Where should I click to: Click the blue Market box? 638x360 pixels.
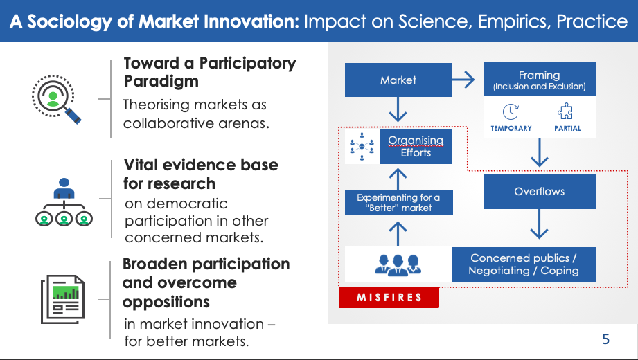398,80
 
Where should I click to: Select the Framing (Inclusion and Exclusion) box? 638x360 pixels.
539,80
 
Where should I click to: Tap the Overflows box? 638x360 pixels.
540,191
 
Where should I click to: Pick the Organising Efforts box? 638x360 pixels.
416,147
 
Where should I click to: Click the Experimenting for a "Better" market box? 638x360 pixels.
398,202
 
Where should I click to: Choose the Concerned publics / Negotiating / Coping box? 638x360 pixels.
524,264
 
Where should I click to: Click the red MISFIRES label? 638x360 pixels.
389,298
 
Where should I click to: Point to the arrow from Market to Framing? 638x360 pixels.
463,80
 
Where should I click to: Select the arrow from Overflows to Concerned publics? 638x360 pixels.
539,224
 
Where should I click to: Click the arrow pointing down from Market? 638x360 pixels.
398,109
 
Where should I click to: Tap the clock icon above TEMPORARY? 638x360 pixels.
511,112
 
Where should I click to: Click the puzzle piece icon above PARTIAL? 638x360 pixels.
565,111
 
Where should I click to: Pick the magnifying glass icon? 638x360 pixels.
55,98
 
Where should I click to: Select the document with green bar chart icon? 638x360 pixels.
62,299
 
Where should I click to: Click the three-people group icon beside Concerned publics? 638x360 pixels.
398,265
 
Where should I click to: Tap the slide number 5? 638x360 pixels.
605,339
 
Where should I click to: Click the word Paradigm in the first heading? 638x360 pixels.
161,82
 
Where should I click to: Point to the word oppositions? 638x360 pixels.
166,302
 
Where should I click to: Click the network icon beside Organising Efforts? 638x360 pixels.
362,147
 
